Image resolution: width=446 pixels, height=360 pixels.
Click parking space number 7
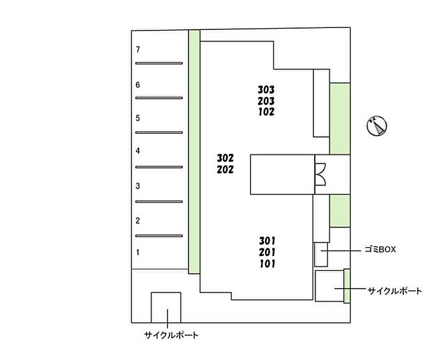pos(138,50)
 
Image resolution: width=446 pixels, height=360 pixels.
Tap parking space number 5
pos(138,118)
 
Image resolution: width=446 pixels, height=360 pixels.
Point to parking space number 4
pos(138,151)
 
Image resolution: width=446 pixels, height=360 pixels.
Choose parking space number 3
pos(138,186)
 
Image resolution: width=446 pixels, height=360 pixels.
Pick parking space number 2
pos(138,220)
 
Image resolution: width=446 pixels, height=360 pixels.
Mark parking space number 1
pos(138,252)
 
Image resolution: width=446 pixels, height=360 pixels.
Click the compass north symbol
pos(377,126)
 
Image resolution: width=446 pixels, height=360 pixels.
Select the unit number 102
pos(266,112)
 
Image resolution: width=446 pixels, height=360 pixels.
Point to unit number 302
pos(226,158)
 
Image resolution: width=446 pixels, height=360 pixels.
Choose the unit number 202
pos(226,169)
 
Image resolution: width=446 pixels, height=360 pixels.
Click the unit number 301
pos(268,240)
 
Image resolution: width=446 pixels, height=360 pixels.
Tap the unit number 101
pos(268,263)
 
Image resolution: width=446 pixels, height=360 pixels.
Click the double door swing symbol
pos(320,173)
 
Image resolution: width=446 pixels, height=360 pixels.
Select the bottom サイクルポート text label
pos(171,335)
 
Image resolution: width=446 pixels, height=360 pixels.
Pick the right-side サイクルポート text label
pos(395,291)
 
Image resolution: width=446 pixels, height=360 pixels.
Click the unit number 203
pos(266,101)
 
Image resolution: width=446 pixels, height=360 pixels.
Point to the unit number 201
pos(268,252)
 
